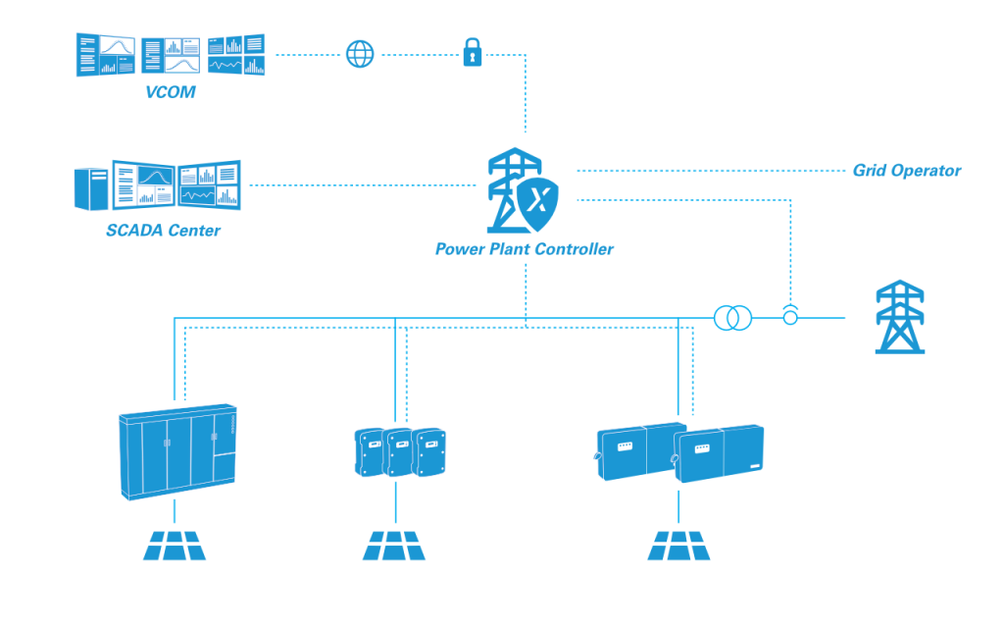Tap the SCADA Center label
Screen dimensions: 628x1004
(163, 231)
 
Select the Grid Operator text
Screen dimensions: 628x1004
(906, 171)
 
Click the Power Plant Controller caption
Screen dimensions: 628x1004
(524, 249)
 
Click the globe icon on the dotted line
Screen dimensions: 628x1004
(360, 54)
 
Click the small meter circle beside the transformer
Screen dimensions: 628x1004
(789, 317)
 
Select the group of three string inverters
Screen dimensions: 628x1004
(397, 452)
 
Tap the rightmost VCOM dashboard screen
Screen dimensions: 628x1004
(236, 55)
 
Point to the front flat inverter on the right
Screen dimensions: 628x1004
(720, 453)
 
